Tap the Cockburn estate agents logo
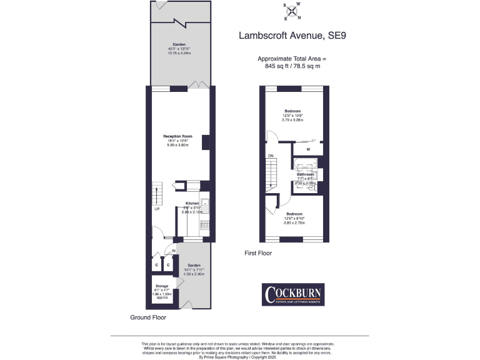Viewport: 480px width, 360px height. (x=292, y=294)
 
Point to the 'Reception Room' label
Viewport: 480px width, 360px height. (x=177, y=136)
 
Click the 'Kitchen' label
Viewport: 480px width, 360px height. (x=192, y=204)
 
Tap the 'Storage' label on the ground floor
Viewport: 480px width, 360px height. (x=162, y=286)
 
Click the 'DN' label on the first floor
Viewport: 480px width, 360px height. (x=271, y=156)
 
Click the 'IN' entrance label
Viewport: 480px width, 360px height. (x=174, y=251)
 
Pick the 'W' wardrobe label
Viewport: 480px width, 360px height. (x=308, y=149)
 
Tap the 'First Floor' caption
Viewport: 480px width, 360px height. (x=258, y=253)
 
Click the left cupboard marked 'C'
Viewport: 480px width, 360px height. (x=156, y=266)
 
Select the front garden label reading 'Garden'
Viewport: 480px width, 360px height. (x=193, y=264)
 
